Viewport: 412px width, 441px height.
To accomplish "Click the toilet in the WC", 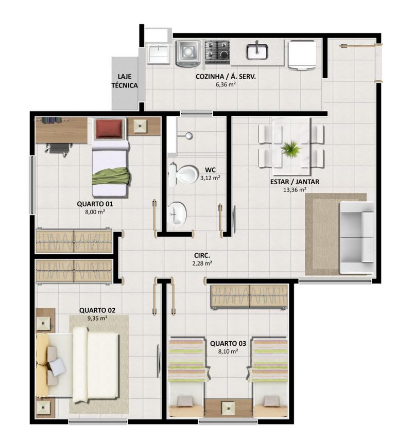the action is tap(183, 174).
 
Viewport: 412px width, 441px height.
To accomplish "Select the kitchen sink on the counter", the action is tap(256, 51).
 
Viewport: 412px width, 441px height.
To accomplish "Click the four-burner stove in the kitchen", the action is tap(217, 52).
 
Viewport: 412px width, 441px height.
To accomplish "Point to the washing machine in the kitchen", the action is tap(187, 52).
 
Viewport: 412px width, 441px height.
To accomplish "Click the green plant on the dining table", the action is tap(290, 148).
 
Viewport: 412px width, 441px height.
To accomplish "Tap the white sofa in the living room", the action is tap(356, 237).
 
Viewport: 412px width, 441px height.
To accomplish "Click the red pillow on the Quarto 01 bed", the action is tap(109, 129).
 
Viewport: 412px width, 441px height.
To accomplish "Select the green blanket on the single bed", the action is tap(111, 177).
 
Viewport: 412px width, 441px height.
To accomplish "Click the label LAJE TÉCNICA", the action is tap(125, 81).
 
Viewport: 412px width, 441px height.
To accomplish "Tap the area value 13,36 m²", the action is tap(295, 190).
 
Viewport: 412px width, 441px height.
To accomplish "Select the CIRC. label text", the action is tap(202, 255).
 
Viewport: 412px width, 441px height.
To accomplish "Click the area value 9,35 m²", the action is tap(97, 319).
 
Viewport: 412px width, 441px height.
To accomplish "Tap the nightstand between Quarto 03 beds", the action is tap(228, 408).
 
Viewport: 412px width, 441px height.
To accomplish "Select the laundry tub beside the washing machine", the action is tap(158, 54).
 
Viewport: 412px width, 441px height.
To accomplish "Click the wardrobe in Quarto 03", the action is tap(249, 297).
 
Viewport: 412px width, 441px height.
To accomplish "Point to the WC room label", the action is tap(210, 170).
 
